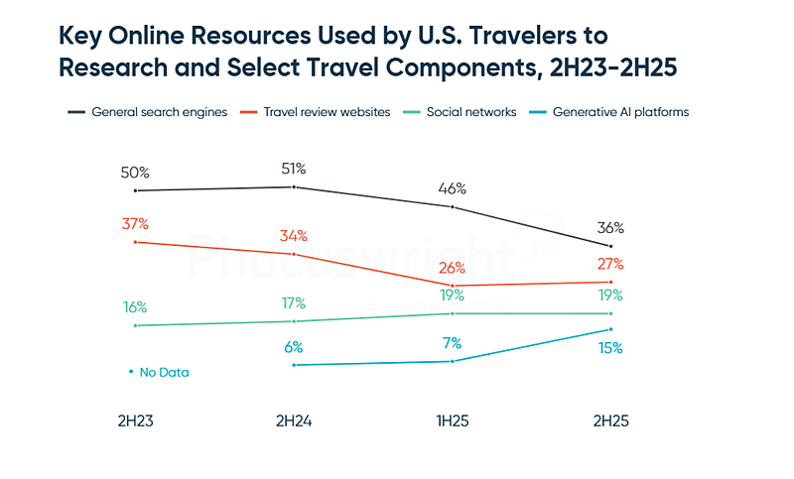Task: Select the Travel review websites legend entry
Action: tap(315, 112)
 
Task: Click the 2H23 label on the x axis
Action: tap(134, 420)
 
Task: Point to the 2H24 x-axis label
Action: tap(294, 420)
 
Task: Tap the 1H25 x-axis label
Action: tap(452, 420)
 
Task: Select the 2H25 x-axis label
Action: tap(610, 420)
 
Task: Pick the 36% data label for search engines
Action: tap(610, 228)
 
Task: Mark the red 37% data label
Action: tap(134, 223)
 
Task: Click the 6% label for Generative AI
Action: tap(294, 347)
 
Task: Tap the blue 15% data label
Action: tap(610, 348)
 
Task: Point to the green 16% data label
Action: tap(134, 307)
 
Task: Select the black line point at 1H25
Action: tap(452, 207)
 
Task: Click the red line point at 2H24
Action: tap(294, 254)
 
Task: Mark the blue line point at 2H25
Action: tap(610, 329)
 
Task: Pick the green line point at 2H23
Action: tap(134, 325)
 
